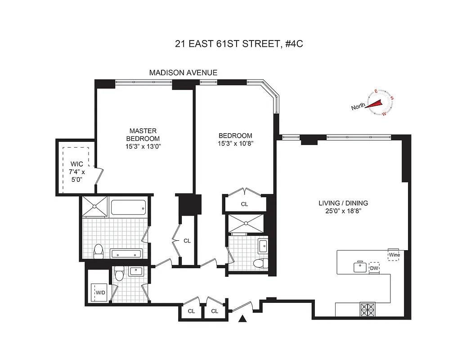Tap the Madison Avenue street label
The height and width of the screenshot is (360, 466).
(x=183, y=72)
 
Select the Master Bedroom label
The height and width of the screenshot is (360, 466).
(x=143, y=135)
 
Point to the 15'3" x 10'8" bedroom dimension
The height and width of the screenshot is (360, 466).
(x=235, y=144)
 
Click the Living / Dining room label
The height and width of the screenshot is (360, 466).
(x=342, y=203)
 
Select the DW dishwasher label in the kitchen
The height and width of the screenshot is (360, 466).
(x=374, y=269)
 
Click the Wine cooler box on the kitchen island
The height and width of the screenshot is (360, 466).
(x=394, y=254)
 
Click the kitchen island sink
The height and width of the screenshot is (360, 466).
(x=360, y=267)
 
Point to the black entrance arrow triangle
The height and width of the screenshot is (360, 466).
(x=243, y=319)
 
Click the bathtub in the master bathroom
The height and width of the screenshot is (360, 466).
(x=128, y=208)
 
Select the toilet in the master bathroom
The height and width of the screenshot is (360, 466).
(x=98, y=251)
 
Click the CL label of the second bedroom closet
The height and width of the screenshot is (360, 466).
(x=244, y=204)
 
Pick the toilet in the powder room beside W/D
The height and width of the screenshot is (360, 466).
(x=119, y=273)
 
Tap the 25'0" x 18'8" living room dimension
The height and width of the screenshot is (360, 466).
(x=342, y=211)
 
